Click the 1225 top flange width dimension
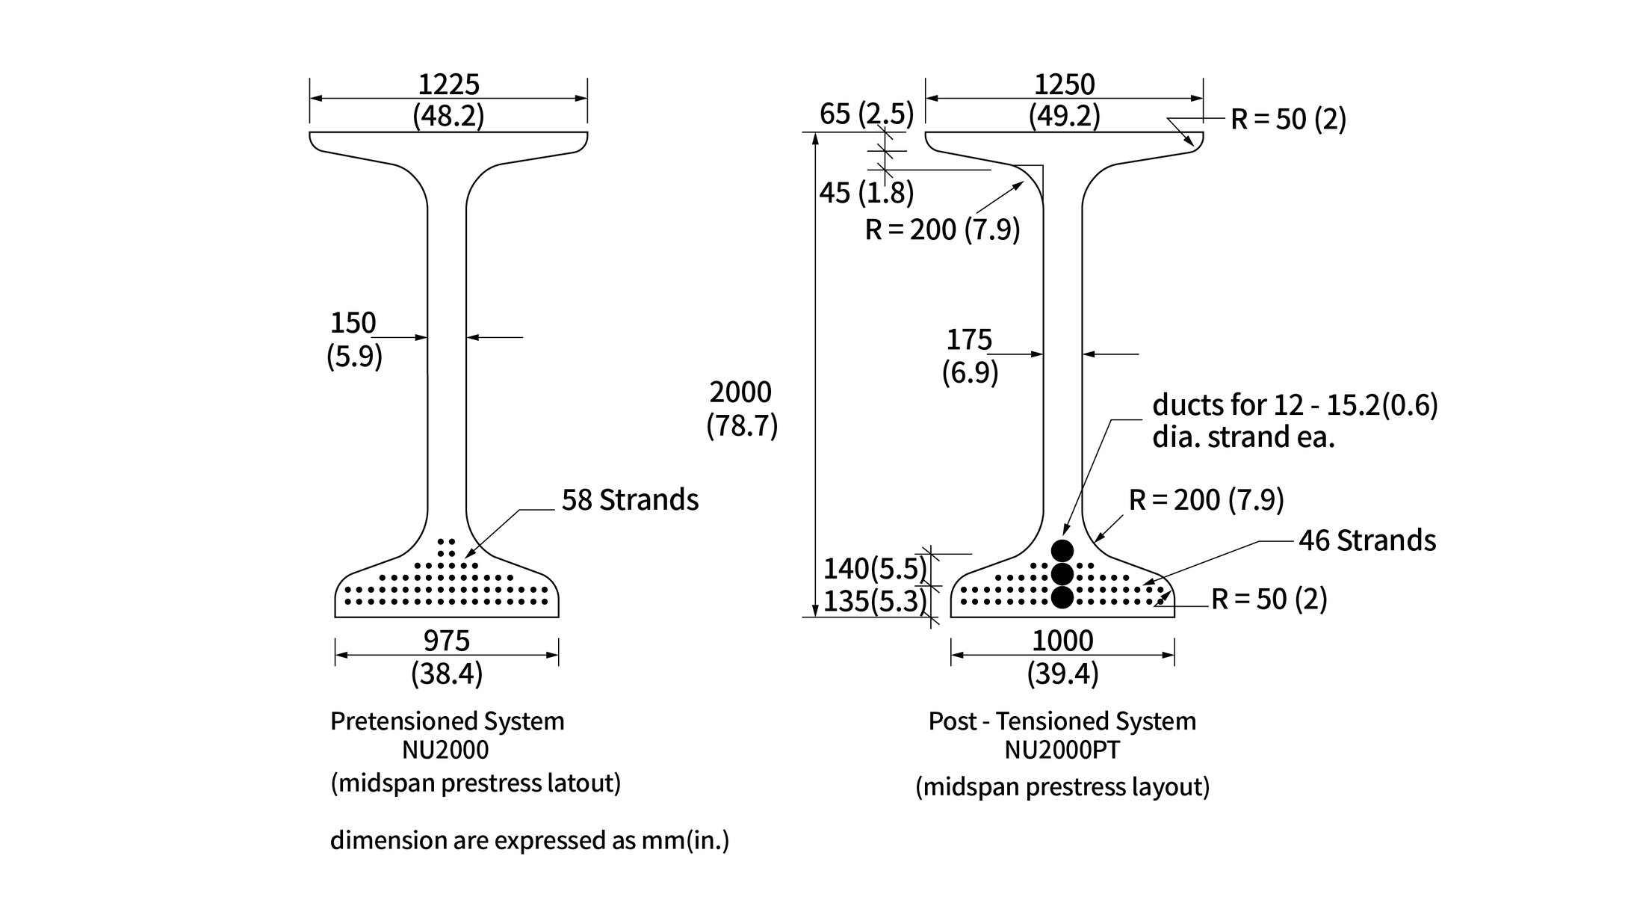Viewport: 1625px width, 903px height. [x=448, y=84]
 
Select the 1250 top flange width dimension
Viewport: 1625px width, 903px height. [x=1064, y=84]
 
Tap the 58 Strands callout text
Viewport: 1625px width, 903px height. [x=630, y=500]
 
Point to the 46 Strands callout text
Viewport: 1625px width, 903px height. [x=1366, y=540]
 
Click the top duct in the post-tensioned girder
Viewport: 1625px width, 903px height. [x=1062, y=550]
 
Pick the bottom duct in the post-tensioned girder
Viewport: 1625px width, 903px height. [x=1062, y=597]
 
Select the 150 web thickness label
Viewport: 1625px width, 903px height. [x=353, y=324]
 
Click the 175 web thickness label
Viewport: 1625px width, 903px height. [x=969, y=340]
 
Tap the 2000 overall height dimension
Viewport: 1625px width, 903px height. [x=740, y=392]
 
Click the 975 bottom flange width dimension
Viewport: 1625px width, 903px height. [x=447, y=641]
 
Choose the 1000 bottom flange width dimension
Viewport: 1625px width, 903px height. [x=1062, y=641]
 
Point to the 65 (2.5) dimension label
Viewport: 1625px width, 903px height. [x=867, y=114]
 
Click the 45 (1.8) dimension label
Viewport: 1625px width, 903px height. [x=867, y=193]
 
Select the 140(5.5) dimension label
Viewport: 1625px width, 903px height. [x=874, y=569]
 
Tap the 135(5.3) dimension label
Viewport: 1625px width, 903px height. [x=874, y=601]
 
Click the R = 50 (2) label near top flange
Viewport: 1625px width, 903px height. [x=1288, y=120]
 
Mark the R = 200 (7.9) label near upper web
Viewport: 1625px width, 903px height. [x=942, y=229]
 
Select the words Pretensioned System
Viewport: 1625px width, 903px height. [x=448, y=721]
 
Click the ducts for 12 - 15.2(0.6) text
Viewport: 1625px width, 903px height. [x=1295, y=405]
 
